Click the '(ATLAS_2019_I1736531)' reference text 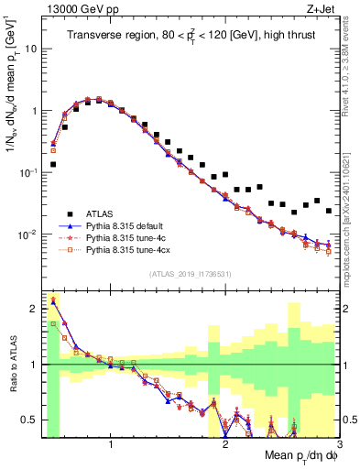pos(190,274)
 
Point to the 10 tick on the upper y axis pos(32,49)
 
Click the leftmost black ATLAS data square pos(53,165)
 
